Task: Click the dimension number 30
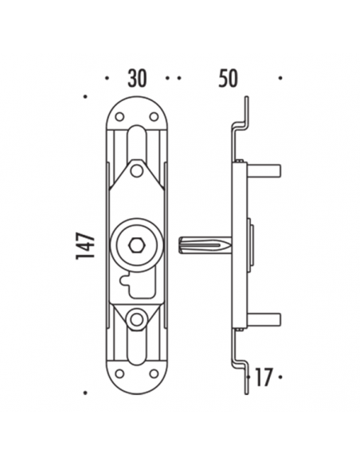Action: point(138,78)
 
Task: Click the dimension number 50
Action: point(229,78)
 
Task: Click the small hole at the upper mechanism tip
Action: point(136,170)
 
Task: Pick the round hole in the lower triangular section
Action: point(136,318)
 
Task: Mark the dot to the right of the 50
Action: point(280,79)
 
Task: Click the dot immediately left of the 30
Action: point(108,79)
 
